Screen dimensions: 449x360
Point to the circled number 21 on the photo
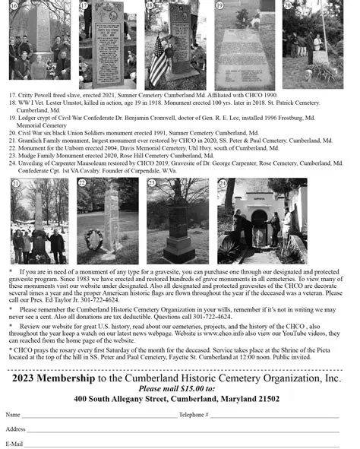click(x=15, y=185)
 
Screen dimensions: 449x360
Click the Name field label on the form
click(x=13, y=415)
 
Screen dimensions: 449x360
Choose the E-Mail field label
click(x=14, y=443)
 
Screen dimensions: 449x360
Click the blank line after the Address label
click(x=182, y=431)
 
